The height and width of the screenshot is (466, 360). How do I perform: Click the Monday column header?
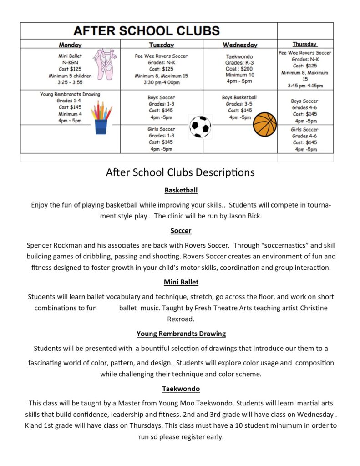[70, 45]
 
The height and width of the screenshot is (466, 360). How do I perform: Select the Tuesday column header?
[162, 45]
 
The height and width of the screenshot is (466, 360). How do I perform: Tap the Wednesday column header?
[240, 45]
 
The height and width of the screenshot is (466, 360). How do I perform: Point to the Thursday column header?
[305, 44]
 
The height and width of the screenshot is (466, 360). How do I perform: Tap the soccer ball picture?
[200, 127]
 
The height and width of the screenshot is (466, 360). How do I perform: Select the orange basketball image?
[265, 125]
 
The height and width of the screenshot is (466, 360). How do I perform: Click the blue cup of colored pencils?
[101, 118]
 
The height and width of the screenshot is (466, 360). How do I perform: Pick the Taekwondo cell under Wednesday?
[240, 69]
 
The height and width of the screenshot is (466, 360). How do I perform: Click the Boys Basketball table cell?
[239, 107]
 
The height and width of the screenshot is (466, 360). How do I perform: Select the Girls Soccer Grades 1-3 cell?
[161, 139]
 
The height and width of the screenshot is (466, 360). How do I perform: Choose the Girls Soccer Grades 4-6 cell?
[305, 139]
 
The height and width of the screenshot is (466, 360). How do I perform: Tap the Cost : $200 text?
[239, 69]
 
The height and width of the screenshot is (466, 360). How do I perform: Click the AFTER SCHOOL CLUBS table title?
[147, 31]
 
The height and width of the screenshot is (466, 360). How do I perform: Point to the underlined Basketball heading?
[181, 190]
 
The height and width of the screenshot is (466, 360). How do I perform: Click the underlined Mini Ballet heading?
[181, 282]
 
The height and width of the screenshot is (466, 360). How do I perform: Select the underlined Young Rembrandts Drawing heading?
[181, 334]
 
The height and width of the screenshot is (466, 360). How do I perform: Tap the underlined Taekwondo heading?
[181, 389]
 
